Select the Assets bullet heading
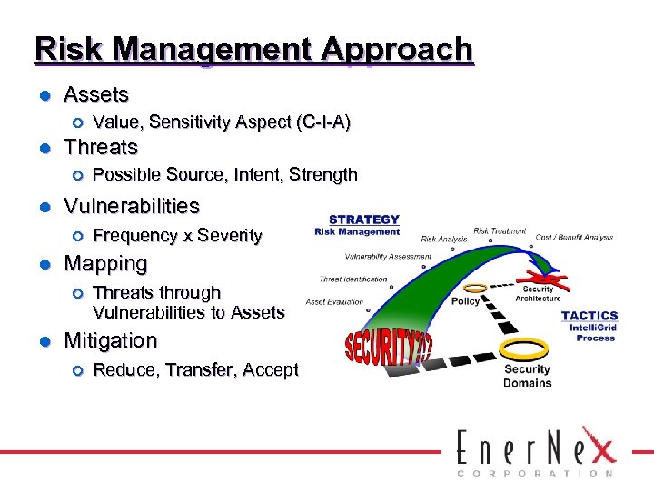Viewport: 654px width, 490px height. (x=96, y=94)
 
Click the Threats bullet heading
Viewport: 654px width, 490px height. (x=100, y=147)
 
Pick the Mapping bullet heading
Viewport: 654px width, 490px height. (x=104, y=264)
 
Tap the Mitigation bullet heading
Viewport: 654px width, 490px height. (x=110, y=341)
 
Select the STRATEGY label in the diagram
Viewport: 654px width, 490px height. (x=363, y=220)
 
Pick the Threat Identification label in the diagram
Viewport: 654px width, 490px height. (x=353, y=279)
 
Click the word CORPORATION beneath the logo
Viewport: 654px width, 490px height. (x=534, y=474)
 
